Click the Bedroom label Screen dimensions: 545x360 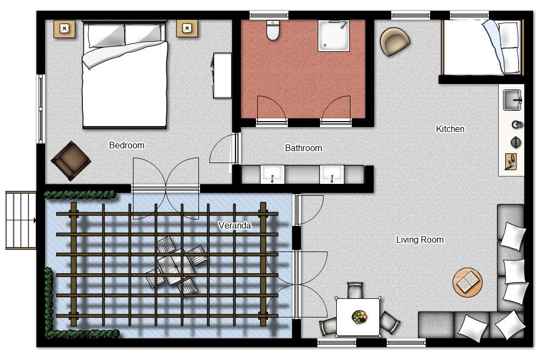pos(126,146)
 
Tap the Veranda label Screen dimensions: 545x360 pos(234,225)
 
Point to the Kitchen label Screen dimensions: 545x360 pos(450,129)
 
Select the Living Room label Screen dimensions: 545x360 pos(420,239)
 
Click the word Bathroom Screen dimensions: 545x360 pos(304,148)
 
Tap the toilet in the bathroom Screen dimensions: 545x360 pos(273,30)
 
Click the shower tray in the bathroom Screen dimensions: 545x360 pos(334,36)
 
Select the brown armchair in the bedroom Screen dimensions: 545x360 pos(71,161)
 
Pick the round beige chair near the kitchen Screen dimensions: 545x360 pos(395,41)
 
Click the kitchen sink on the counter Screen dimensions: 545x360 pos(512,100)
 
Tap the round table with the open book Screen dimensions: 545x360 pos(468,283)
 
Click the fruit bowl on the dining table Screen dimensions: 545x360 pos(359,317)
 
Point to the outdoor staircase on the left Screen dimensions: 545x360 pos(21,220)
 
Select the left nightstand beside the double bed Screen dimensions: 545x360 pos(64,28)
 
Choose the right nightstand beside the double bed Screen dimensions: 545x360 pos(187,28)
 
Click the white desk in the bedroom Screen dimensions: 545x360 pos(222,75)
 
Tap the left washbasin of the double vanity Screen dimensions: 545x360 pos(272,174)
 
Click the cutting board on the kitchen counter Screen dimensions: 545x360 pos(510,162)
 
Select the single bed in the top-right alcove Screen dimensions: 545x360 pos(482,47)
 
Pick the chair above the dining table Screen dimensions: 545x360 pos(355,290)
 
